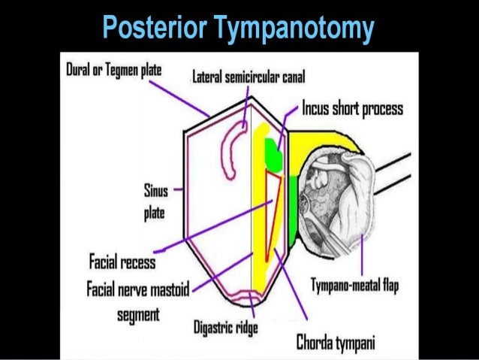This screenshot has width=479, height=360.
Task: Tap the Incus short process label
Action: click(x=351, y=109)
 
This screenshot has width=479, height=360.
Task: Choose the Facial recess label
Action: click(x=122, y=262)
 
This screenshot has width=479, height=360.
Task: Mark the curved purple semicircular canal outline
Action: click(x=230, y=147)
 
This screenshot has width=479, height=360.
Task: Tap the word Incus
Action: click(x=317, y=109)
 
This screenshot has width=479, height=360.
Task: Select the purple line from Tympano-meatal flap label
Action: click(x=362, y=256)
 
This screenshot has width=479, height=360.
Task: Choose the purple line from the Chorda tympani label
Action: click(x=293, y=289)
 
